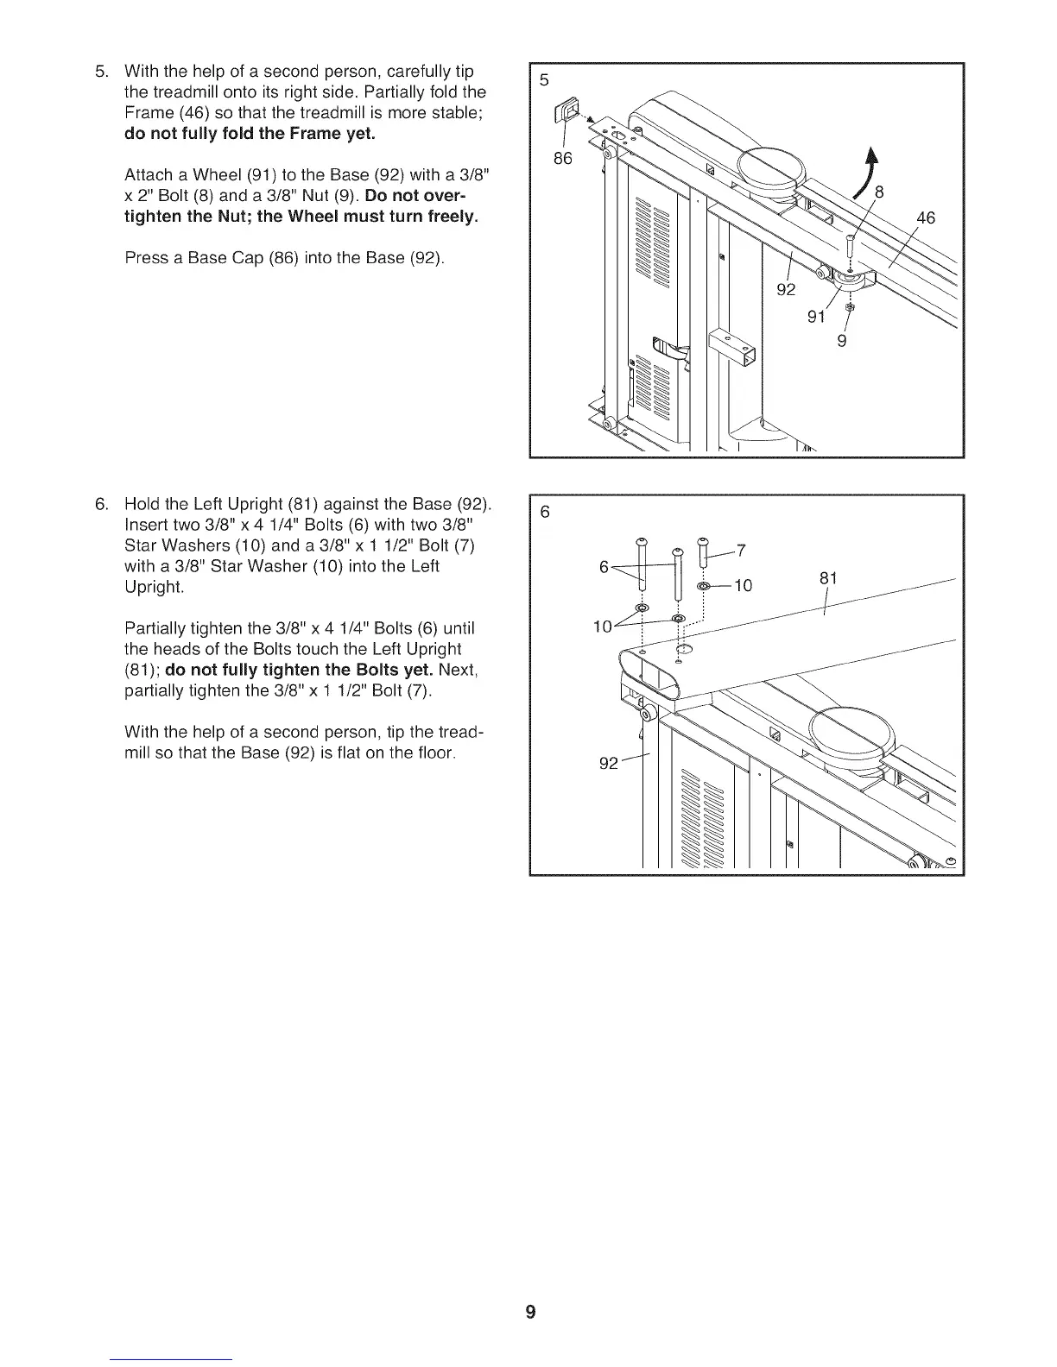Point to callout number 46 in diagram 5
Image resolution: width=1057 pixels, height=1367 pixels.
[x=925, y=218]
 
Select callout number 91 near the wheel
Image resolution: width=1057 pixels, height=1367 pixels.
[x=816, y=317]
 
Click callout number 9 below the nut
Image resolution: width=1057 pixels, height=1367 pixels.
[x=842, y=341]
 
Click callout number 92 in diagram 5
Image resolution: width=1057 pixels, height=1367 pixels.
[x=786, y=289]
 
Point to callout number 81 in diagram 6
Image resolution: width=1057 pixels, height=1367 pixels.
[x=828, y=578]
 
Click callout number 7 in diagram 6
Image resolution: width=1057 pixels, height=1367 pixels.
[x=741, y=552]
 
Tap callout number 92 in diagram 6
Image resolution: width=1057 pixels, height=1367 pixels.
[x=609, y=764]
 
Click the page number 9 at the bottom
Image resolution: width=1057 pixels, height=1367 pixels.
[x=530, y=1313]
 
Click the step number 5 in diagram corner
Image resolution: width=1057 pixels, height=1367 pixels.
[x=544, y=80]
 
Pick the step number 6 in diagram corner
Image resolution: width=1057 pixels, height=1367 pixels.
[x=544, y=512]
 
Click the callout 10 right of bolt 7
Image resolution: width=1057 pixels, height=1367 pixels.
[x=742, y=586]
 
